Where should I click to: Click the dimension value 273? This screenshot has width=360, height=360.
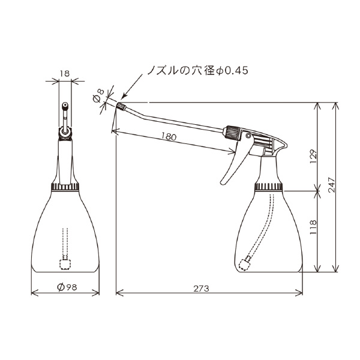(x=201, y=289)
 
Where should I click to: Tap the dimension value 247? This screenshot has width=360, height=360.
(x=332, y=185)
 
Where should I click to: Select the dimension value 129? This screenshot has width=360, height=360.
(x=313, y=157)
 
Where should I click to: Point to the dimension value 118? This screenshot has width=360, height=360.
(x=313, y=227)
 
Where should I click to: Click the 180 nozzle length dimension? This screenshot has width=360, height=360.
(x=169, y=137)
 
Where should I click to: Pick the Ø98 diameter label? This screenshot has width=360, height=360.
(x=67, y=287)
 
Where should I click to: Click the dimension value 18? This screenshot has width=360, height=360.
(x=65, y=74)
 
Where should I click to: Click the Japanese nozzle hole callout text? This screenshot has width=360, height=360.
(x=197, y=70)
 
